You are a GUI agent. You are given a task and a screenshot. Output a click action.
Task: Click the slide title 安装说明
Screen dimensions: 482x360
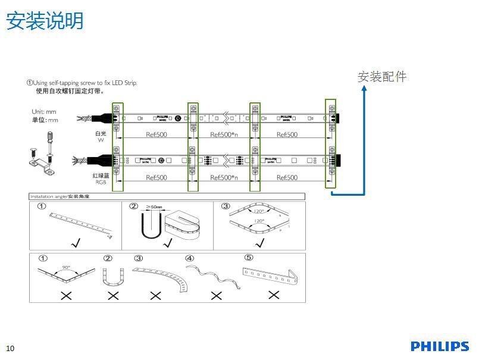45,21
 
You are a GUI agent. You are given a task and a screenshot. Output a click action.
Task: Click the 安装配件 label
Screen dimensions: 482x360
382,77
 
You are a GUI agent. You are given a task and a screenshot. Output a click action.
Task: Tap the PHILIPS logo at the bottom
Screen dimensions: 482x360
440,346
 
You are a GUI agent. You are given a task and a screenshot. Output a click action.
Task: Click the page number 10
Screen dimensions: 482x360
10,348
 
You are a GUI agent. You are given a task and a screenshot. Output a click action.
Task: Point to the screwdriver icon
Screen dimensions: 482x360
49,142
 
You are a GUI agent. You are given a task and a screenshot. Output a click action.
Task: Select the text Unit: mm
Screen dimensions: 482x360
44,112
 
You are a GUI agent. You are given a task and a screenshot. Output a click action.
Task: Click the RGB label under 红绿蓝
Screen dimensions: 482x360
101,182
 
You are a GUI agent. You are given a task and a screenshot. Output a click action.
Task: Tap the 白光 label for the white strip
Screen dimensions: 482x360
101,134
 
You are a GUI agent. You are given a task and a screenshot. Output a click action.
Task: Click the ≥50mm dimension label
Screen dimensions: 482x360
155,207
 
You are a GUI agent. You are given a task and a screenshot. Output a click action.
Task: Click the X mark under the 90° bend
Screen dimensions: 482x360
66,295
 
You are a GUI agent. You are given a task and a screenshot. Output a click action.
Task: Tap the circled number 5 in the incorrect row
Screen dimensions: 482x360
249,258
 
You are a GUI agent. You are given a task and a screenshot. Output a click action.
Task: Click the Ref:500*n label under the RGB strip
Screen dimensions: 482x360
224,178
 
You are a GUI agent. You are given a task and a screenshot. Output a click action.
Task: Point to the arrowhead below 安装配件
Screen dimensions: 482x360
364,90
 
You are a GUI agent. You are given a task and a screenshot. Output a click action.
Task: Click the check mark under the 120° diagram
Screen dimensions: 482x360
259,243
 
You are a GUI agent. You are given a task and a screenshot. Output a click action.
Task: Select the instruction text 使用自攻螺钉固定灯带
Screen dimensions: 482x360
70,92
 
